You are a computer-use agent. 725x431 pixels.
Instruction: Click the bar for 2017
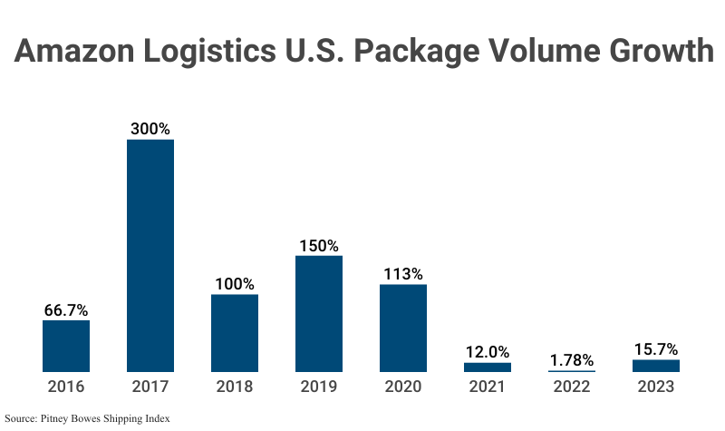pos(150,256)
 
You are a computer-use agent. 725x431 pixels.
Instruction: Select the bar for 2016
pos(66,346)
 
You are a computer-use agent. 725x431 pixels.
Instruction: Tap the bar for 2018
pos(235,333)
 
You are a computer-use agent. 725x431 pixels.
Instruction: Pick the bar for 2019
pos(319,314)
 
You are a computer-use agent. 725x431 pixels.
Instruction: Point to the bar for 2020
pos(403,328)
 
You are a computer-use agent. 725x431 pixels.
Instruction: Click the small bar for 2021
pos(488,367)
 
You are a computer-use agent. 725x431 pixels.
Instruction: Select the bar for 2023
pos(656,366)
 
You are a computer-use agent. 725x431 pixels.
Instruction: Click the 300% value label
pos(150,129)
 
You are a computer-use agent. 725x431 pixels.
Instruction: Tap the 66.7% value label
pos(66,309)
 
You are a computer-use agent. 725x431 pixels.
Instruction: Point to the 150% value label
pos(319,245)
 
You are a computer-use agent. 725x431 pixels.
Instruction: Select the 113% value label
pos(403,274)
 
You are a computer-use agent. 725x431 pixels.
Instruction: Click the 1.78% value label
pos(572,360)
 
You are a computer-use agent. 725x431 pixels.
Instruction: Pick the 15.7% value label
pos(656,349)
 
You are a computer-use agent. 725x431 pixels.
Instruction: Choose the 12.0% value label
pos(488,352)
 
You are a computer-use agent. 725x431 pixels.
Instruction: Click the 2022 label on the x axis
pos(572,387)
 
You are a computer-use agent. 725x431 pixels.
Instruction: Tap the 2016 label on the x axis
pos(66,387)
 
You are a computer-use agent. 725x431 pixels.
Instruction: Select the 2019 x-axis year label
pos(319,387)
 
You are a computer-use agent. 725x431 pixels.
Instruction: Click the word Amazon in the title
pos(77,52)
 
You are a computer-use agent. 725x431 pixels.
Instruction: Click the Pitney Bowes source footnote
pos(87,418)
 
